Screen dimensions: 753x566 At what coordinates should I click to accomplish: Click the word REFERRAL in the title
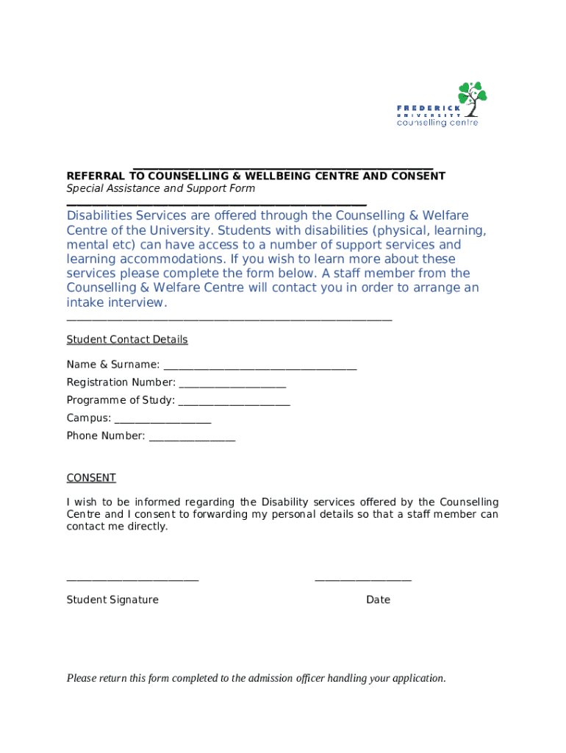pos(97,176)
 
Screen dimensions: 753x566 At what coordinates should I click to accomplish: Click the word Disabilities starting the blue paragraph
pos(99,215)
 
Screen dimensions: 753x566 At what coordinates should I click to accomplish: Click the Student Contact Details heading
pos(127,340)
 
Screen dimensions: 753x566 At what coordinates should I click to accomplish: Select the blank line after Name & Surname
pos(260,366)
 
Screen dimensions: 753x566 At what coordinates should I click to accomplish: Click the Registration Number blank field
pos(232,384)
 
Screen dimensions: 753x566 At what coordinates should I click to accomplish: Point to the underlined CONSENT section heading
pos(91,478)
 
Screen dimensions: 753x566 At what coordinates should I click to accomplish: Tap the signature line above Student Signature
pos(132,580)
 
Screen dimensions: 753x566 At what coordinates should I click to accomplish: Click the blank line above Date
pos(363,580)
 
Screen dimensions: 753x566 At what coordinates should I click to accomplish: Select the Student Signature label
pos(112,600)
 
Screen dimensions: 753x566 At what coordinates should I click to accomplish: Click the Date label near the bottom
pos(378,600)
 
